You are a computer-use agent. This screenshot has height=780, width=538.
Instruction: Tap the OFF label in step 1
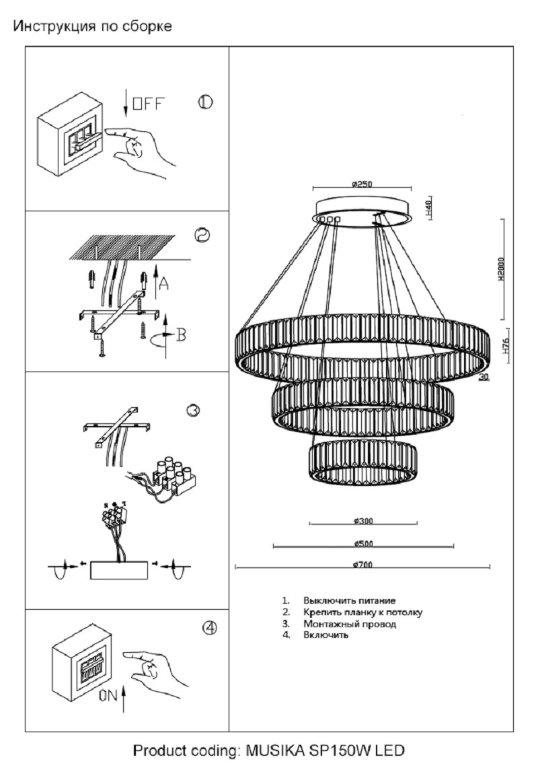click(148, 104)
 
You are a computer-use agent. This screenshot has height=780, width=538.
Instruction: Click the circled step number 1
click(205, 102)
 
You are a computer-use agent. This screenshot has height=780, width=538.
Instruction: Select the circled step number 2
click(202, 235)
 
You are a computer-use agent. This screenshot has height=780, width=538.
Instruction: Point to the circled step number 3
click(194, 410)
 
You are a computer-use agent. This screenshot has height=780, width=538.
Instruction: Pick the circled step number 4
click(210, 627)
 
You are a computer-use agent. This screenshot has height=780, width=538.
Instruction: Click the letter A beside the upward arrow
click(163, 285)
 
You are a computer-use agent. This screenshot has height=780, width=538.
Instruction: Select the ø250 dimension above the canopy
click(362, 184)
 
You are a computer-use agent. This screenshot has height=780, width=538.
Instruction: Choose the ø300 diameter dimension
click(363, 521)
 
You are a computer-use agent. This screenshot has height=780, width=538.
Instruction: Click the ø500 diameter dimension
click(363, 544)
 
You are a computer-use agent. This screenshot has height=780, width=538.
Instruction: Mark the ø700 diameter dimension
click(362, 565)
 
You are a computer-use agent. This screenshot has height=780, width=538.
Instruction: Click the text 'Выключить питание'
click(349, 600)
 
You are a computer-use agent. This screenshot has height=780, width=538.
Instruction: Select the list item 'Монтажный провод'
click(349, 624)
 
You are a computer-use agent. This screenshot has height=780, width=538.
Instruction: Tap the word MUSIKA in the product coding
click(274, 750)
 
